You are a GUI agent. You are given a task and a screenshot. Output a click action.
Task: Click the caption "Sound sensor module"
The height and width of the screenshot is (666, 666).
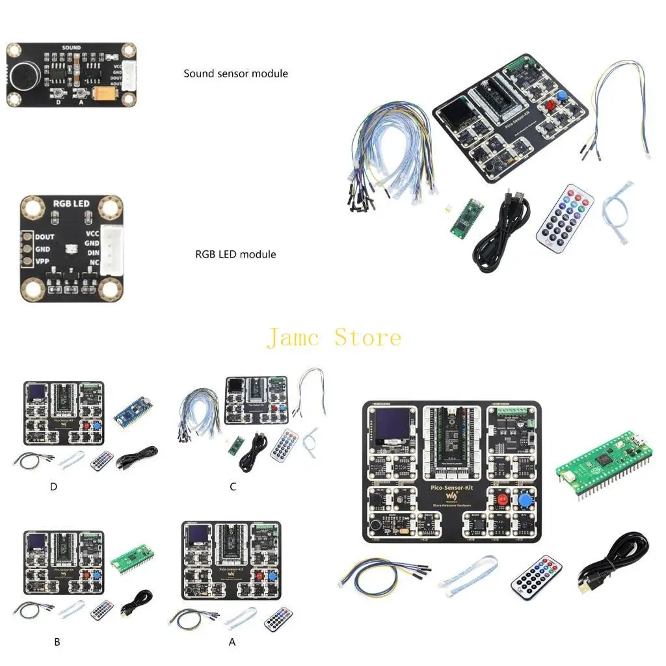click(235, 73)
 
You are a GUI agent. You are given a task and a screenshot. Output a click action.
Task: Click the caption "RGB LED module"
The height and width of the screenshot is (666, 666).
click(235, 254)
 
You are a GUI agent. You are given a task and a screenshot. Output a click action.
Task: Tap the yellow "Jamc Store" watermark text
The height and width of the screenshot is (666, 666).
click(334, 338)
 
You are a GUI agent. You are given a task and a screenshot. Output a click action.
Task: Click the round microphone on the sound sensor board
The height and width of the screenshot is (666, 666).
click(23, 76)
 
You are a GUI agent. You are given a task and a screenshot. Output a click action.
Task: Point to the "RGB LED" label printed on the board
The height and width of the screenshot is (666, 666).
click(71, 204)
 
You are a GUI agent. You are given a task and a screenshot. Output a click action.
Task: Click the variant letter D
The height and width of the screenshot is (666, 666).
click(53, 486)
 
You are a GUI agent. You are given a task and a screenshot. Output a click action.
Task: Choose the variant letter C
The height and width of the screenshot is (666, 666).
click(233, 486)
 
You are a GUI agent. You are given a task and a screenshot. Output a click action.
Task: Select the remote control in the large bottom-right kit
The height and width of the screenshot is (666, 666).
click(537, 577)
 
